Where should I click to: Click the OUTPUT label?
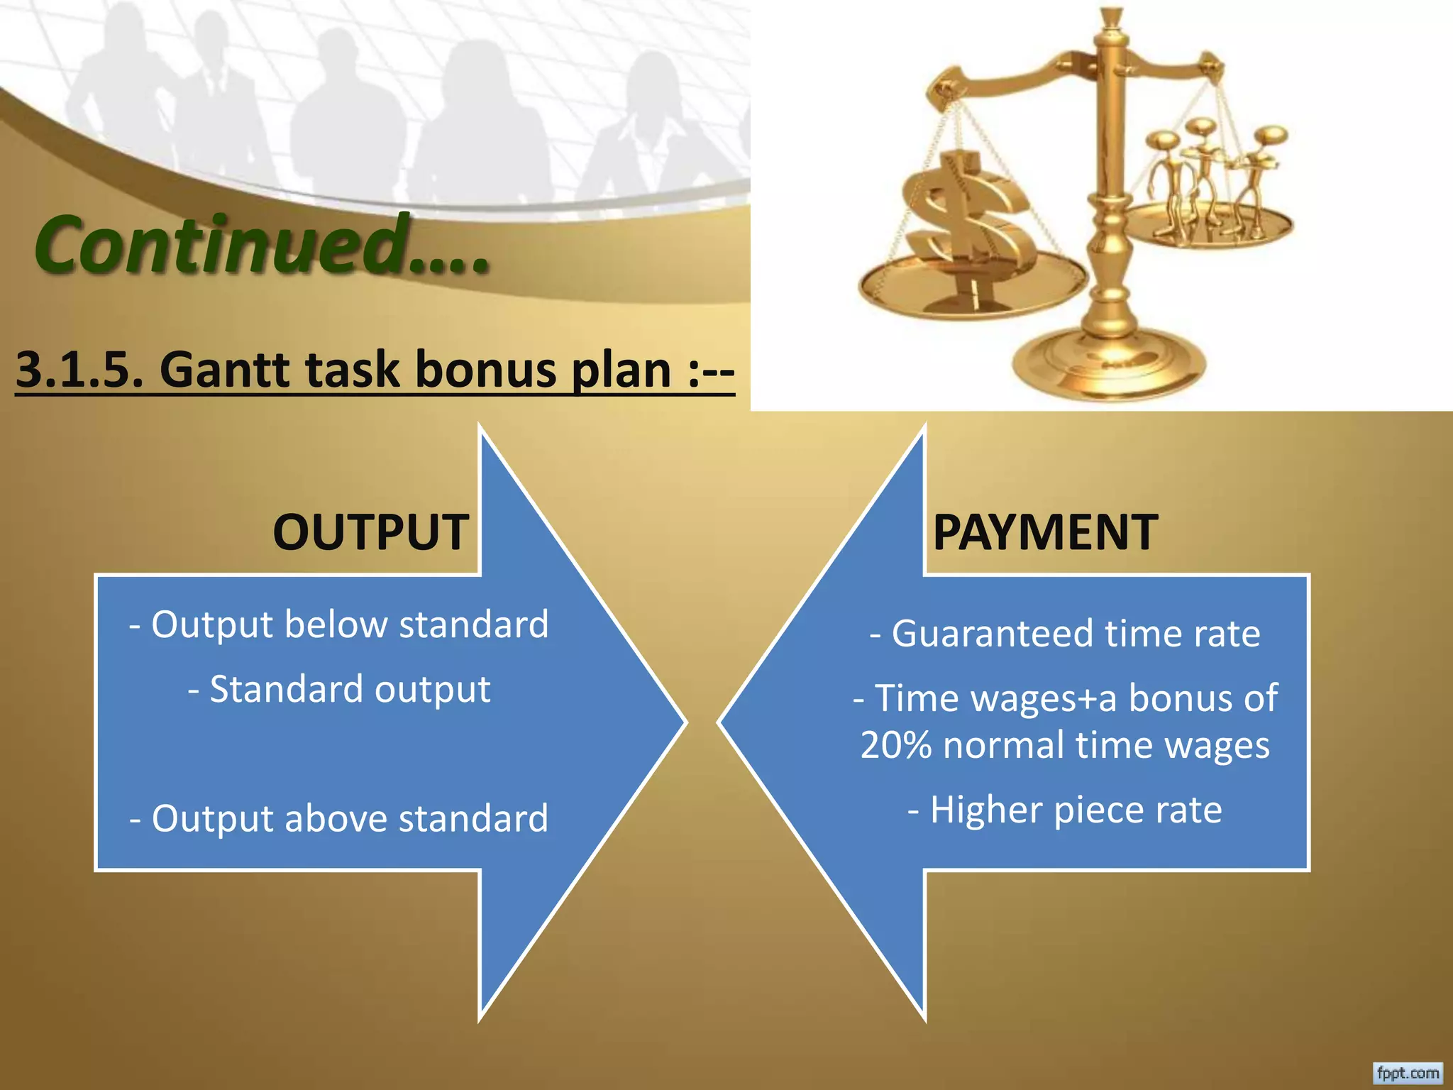click(370, 532)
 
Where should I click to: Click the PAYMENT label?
click(1045, 532)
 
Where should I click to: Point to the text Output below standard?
click(339, 625)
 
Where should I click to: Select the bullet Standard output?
click(339, 690)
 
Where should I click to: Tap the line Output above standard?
click(339, 819)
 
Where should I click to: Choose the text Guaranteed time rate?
click(1066, 634)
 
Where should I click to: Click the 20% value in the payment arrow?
click(895, 746)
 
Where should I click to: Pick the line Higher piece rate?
click(1066, 810)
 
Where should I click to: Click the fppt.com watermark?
click(1408, 1073)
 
